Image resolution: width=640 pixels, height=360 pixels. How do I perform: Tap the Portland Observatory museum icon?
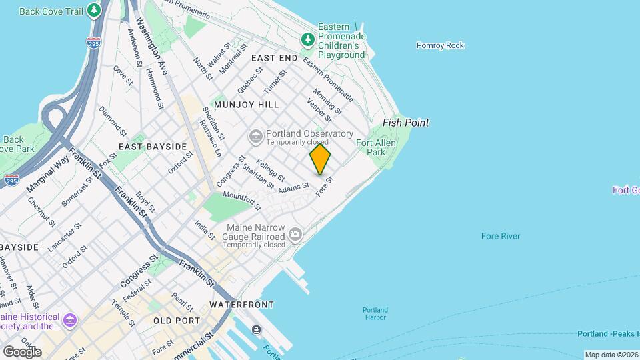pyautogui.click(x=256, y=137)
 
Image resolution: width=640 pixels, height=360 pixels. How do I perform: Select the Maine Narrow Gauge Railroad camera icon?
pyautogui.click(x=295, y=234)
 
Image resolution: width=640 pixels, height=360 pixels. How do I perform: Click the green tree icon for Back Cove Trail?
pyautogui.click(x=94, y=11)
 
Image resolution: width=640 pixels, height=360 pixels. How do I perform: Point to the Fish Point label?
pyautogui.click(x=405, y=123)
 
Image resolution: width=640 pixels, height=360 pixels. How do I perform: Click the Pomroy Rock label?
pyautogui.click(x=440, y=45)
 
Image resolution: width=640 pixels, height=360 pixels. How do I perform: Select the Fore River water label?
pyautogui.click(x=501, y=236)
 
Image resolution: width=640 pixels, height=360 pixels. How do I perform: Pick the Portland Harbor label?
pyautogui.click(x=375, y=313)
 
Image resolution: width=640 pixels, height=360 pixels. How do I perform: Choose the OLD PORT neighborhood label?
pyautogui.click(x=177, y=321)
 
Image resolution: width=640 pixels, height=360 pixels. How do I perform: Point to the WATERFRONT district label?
pyautogui.click(x=241, y=305)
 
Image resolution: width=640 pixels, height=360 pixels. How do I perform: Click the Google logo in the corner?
pyautogui.click(x=21, y=351)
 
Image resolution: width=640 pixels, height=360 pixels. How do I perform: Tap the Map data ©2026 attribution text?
pyautogui.click(x=611, y=355)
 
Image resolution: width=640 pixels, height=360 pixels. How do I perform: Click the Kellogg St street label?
pyautogui.click(x=271, y=170)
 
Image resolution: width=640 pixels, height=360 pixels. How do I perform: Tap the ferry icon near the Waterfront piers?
pyautogui.click(x=257, y=330)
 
